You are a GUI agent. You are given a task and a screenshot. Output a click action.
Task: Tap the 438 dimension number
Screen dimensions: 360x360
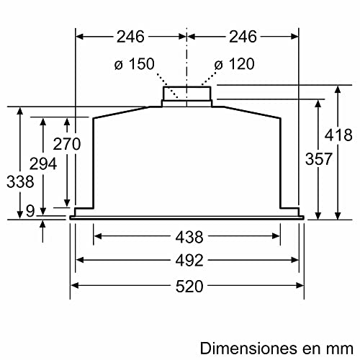186,235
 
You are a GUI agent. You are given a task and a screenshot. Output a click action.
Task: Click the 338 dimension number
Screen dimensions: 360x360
20,182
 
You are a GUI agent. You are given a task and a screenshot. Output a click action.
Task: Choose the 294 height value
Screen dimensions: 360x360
44,165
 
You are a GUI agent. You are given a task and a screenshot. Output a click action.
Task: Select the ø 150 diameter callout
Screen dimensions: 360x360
134,64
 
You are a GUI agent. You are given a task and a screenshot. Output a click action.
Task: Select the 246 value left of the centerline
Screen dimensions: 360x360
130,36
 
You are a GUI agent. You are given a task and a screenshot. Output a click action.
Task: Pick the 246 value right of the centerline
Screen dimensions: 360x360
241,36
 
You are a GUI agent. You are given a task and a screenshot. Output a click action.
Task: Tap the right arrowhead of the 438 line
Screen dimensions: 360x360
277,235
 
